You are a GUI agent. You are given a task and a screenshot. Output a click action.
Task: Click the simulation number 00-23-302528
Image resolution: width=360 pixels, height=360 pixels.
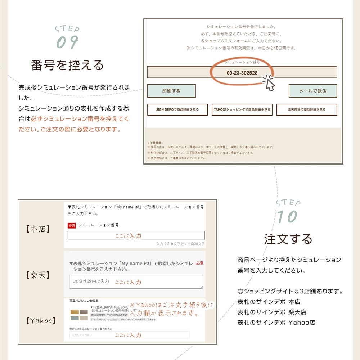242,73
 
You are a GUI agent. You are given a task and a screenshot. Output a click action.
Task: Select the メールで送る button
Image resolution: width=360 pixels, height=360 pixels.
312,91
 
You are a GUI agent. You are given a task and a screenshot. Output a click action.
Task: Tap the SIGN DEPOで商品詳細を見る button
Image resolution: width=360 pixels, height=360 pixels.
177,110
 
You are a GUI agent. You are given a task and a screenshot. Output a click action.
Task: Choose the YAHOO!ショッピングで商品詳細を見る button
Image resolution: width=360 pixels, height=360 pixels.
242,110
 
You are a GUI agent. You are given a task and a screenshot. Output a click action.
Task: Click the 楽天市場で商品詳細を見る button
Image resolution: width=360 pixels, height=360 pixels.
307,110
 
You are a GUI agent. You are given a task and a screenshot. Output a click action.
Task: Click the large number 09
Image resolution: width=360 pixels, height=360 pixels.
67,42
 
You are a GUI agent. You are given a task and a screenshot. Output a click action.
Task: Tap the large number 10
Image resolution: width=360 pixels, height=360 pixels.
287,217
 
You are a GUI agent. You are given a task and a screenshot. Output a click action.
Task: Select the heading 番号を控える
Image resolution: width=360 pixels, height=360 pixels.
67,65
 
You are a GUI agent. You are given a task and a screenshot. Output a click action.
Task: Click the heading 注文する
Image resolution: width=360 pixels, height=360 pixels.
288,239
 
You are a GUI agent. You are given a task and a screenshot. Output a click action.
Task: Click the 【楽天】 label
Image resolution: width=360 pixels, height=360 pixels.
39,275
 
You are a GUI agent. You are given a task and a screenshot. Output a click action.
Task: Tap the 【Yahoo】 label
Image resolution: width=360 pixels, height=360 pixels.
41,320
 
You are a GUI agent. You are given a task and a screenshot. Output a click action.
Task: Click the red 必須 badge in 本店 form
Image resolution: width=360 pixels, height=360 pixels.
72,225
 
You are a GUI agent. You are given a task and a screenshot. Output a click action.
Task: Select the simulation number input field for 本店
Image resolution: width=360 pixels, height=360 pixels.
136,236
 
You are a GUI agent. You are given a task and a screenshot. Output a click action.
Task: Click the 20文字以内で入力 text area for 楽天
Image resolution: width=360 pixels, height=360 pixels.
136,282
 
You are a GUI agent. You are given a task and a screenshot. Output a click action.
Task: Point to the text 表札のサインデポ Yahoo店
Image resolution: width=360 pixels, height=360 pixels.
276,323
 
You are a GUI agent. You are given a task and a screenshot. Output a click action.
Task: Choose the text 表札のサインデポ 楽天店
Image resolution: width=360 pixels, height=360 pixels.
272,312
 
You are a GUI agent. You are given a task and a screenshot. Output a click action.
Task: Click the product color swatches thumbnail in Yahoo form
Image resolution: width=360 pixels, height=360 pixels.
79,315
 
